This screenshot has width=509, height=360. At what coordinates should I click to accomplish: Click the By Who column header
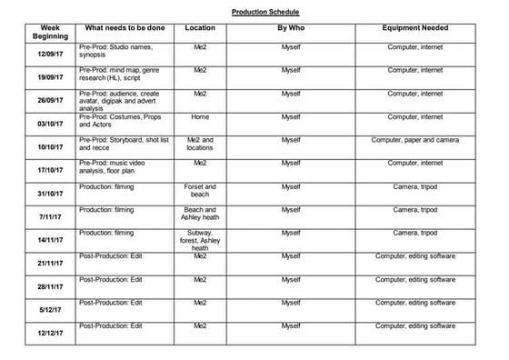coord(290,28)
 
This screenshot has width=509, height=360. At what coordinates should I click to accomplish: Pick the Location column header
coord(199,28)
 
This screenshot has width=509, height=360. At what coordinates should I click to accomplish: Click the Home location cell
coord(199,116)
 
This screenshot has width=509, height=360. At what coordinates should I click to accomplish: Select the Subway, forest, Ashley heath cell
coord(199,240)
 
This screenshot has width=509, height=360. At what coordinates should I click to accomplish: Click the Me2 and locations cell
coord(199,144)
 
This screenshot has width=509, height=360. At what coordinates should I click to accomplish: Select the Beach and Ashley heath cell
coord(199,214)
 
